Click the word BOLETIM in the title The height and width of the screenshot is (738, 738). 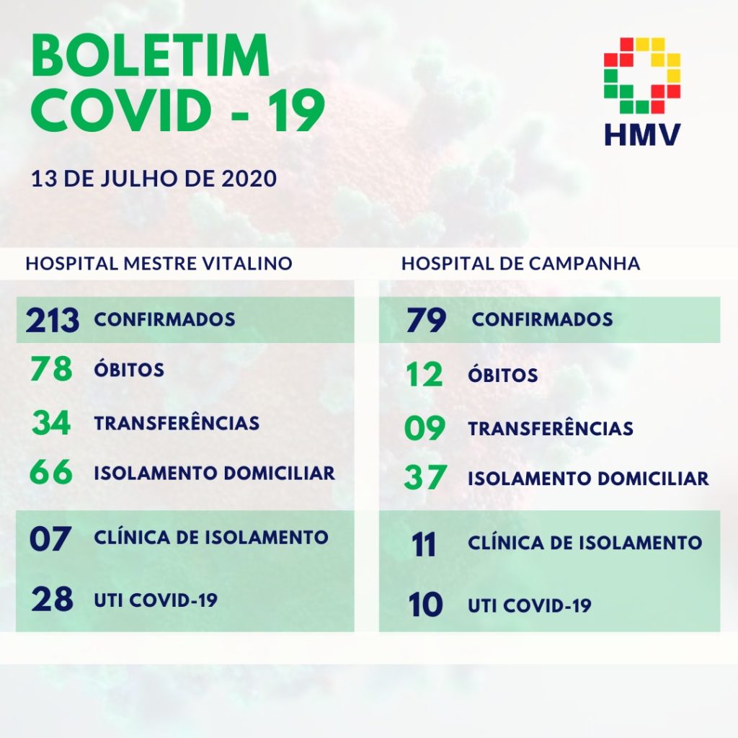(151, 56)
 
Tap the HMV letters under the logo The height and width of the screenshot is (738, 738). (642, 135)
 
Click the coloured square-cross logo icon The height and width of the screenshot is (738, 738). (642, 76)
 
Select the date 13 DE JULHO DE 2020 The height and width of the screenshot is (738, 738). (154, 179)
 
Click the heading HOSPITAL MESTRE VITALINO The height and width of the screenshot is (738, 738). (159, 264)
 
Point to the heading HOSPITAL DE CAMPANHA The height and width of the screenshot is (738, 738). (520, 264)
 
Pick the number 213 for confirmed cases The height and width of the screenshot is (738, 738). (52, 320)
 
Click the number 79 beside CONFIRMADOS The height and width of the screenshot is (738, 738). (426, 320)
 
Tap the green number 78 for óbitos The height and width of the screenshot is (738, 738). (51, 368)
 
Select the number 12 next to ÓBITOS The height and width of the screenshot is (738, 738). (424, 375)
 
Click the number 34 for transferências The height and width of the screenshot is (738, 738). (51, 422)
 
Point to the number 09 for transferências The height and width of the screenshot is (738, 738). (424, 428)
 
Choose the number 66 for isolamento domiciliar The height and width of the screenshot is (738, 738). (51, 472)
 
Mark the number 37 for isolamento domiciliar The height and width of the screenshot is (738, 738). (425, 478)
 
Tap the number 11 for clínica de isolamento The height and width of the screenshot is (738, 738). (423, 545)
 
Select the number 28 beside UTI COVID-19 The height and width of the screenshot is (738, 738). (52, 599)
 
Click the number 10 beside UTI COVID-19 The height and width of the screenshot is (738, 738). (425, 605)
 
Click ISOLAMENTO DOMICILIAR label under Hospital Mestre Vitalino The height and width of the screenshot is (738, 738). (215, 473)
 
